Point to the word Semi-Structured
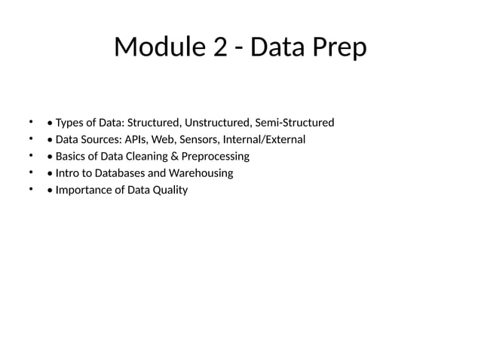click(x=295, y=123)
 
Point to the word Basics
click(x=72, y=157)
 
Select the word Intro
click(x=69, y=173)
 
